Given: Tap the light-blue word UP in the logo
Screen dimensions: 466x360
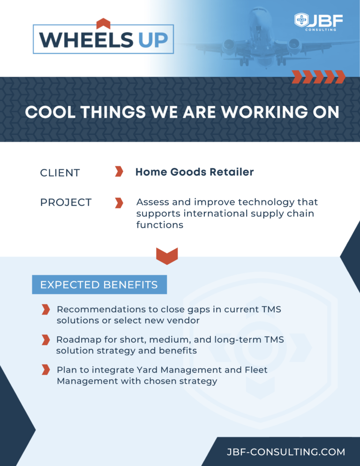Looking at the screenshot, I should pyautogui.click(x=153, y=40).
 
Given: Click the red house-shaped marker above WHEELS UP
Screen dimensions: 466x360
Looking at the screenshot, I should pyautogui.click(x=103, y=23).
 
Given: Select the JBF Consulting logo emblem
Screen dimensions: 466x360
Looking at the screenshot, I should pyautogui.click(x=301, y=21).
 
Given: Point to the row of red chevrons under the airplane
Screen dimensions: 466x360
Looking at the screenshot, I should pyautogui.click(x=318, y=76).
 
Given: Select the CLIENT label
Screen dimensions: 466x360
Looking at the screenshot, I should pyautogui.click(x=60, y=173).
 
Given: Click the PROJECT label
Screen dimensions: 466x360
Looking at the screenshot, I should pyautogui.click(x=66, y=203).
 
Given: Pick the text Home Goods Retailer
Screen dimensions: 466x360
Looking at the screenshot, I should pyautogui.click(x=195, y=172).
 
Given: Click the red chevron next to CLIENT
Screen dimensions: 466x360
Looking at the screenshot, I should pyautogui.click(x=119, y=172).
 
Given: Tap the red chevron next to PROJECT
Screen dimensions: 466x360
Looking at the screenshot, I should pyautogui.click(x=119, y=203).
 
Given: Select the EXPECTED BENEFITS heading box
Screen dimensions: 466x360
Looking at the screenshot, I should pyautogui.click(x=99, y=285).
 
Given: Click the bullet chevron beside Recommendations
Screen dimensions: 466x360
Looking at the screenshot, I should pyautogui.click(x=45, y=309).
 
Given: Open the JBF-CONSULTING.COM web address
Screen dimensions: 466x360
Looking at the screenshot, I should pyautogui.click(x=285, y=452).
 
